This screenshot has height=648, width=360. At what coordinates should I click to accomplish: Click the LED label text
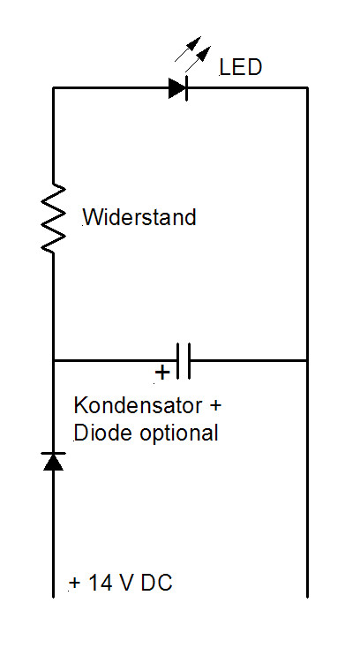(241, 67)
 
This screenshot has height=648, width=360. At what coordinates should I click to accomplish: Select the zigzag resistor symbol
(53, 218)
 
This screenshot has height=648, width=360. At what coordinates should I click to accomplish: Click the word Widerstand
(139, 217)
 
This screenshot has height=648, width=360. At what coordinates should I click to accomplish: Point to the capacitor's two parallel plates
(184, 361)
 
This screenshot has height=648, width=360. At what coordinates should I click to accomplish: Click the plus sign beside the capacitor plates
(162, 373)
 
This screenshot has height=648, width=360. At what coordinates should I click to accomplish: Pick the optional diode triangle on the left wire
(53, 462)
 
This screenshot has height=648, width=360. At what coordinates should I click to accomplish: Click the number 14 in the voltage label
(98, 583)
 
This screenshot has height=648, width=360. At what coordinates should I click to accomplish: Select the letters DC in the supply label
(156, 583)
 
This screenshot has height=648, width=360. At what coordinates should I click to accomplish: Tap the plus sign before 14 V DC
(74, 584)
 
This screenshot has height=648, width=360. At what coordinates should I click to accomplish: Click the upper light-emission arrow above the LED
(188, 49)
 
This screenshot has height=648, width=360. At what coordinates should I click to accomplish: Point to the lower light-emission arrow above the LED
(199, 59)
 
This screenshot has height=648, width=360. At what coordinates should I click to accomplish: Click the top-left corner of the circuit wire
(53, 88)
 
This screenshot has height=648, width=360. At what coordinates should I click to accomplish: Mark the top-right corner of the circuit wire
(307, 88)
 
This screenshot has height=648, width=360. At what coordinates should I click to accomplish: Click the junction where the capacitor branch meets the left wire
(53, 361)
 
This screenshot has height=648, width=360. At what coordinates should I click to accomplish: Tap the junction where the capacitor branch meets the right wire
(307, 361)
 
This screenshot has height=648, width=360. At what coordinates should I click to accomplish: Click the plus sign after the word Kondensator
(215, 405)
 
